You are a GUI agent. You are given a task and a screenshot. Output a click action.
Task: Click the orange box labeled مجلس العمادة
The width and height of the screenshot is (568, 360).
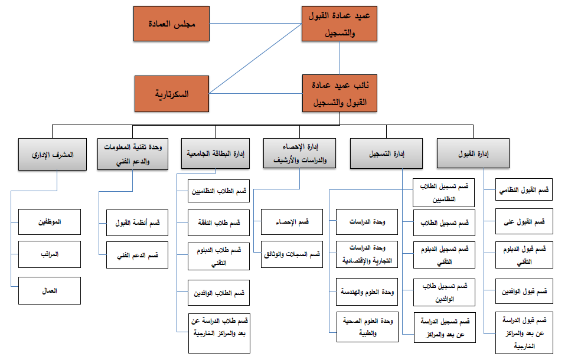click(171, 24)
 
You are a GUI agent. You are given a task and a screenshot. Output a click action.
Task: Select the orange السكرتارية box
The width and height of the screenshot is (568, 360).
click(172, 94)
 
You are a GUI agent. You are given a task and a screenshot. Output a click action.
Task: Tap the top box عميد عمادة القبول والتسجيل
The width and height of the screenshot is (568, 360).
click(340, 24)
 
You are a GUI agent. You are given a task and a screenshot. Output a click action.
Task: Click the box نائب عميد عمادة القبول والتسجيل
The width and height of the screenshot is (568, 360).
click(340, 93)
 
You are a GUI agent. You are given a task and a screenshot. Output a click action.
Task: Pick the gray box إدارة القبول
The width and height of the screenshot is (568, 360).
click(473, 153)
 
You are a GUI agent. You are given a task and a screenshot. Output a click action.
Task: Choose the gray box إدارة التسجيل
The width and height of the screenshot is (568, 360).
click(386, 153)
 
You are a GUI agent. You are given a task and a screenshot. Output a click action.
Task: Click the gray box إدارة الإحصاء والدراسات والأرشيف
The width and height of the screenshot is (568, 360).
click(299, 153)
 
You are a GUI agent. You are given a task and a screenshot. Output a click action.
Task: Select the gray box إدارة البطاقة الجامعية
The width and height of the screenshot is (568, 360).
click(216, 153)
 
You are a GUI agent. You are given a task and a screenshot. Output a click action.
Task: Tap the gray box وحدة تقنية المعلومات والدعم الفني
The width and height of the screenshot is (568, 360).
click(133, 154)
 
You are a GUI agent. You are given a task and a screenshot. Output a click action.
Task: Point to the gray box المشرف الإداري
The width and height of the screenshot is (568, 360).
click(53, 154)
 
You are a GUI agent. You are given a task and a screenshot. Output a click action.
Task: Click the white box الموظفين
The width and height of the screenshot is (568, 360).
click(50, 222)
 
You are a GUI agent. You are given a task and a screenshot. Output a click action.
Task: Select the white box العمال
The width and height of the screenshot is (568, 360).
click(50, 290)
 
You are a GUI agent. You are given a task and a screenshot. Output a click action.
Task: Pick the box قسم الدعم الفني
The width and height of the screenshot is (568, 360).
click(138, 255)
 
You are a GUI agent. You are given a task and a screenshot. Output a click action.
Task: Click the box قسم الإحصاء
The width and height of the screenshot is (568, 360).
click(292, 222)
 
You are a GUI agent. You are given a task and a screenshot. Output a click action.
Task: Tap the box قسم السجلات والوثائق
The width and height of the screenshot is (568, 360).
click(292, 254)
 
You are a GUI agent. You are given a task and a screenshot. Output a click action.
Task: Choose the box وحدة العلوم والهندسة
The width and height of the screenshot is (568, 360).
click(367, 292)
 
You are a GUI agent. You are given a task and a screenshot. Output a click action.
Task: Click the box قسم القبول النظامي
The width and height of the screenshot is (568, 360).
click(524, 189)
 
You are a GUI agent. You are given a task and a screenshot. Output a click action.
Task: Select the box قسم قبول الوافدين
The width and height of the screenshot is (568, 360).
click(524, 291)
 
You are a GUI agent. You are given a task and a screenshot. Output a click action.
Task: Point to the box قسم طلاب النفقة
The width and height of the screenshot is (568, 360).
click(219, 222)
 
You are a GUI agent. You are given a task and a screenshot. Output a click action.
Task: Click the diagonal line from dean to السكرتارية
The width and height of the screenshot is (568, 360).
click(256, 58)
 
